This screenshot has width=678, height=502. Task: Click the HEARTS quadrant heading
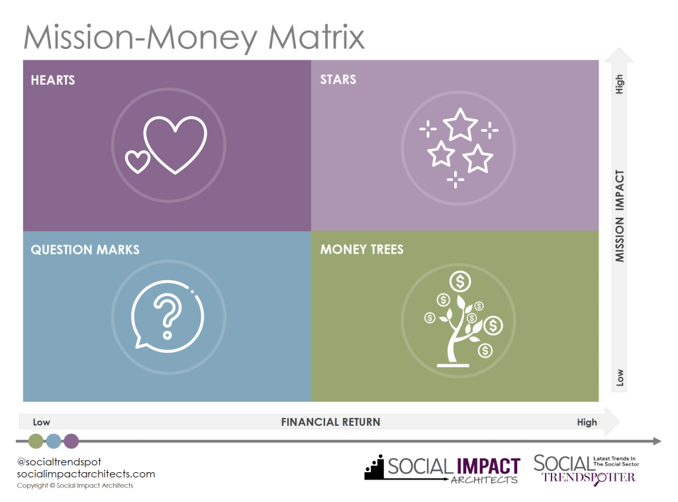53,80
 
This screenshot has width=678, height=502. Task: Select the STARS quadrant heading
338,79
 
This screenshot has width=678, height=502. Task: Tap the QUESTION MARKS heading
85,250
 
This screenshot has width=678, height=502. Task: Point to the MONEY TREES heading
362,249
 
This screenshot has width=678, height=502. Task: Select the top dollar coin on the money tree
460,281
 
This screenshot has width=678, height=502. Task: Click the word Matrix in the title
316,37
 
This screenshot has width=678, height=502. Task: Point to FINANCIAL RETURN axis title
331,422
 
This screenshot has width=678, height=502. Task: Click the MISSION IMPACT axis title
620,216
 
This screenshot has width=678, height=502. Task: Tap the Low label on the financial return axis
42,422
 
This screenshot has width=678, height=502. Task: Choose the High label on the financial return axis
587,422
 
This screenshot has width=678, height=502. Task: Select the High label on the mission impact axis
619,84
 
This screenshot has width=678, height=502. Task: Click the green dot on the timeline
36,441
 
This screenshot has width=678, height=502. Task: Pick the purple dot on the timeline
72,441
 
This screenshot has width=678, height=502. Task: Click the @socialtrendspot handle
59,462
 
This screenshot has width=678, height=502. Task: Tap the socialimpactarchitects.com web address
86,474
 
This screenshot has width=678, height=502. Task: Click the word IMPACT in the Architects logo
489,466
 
